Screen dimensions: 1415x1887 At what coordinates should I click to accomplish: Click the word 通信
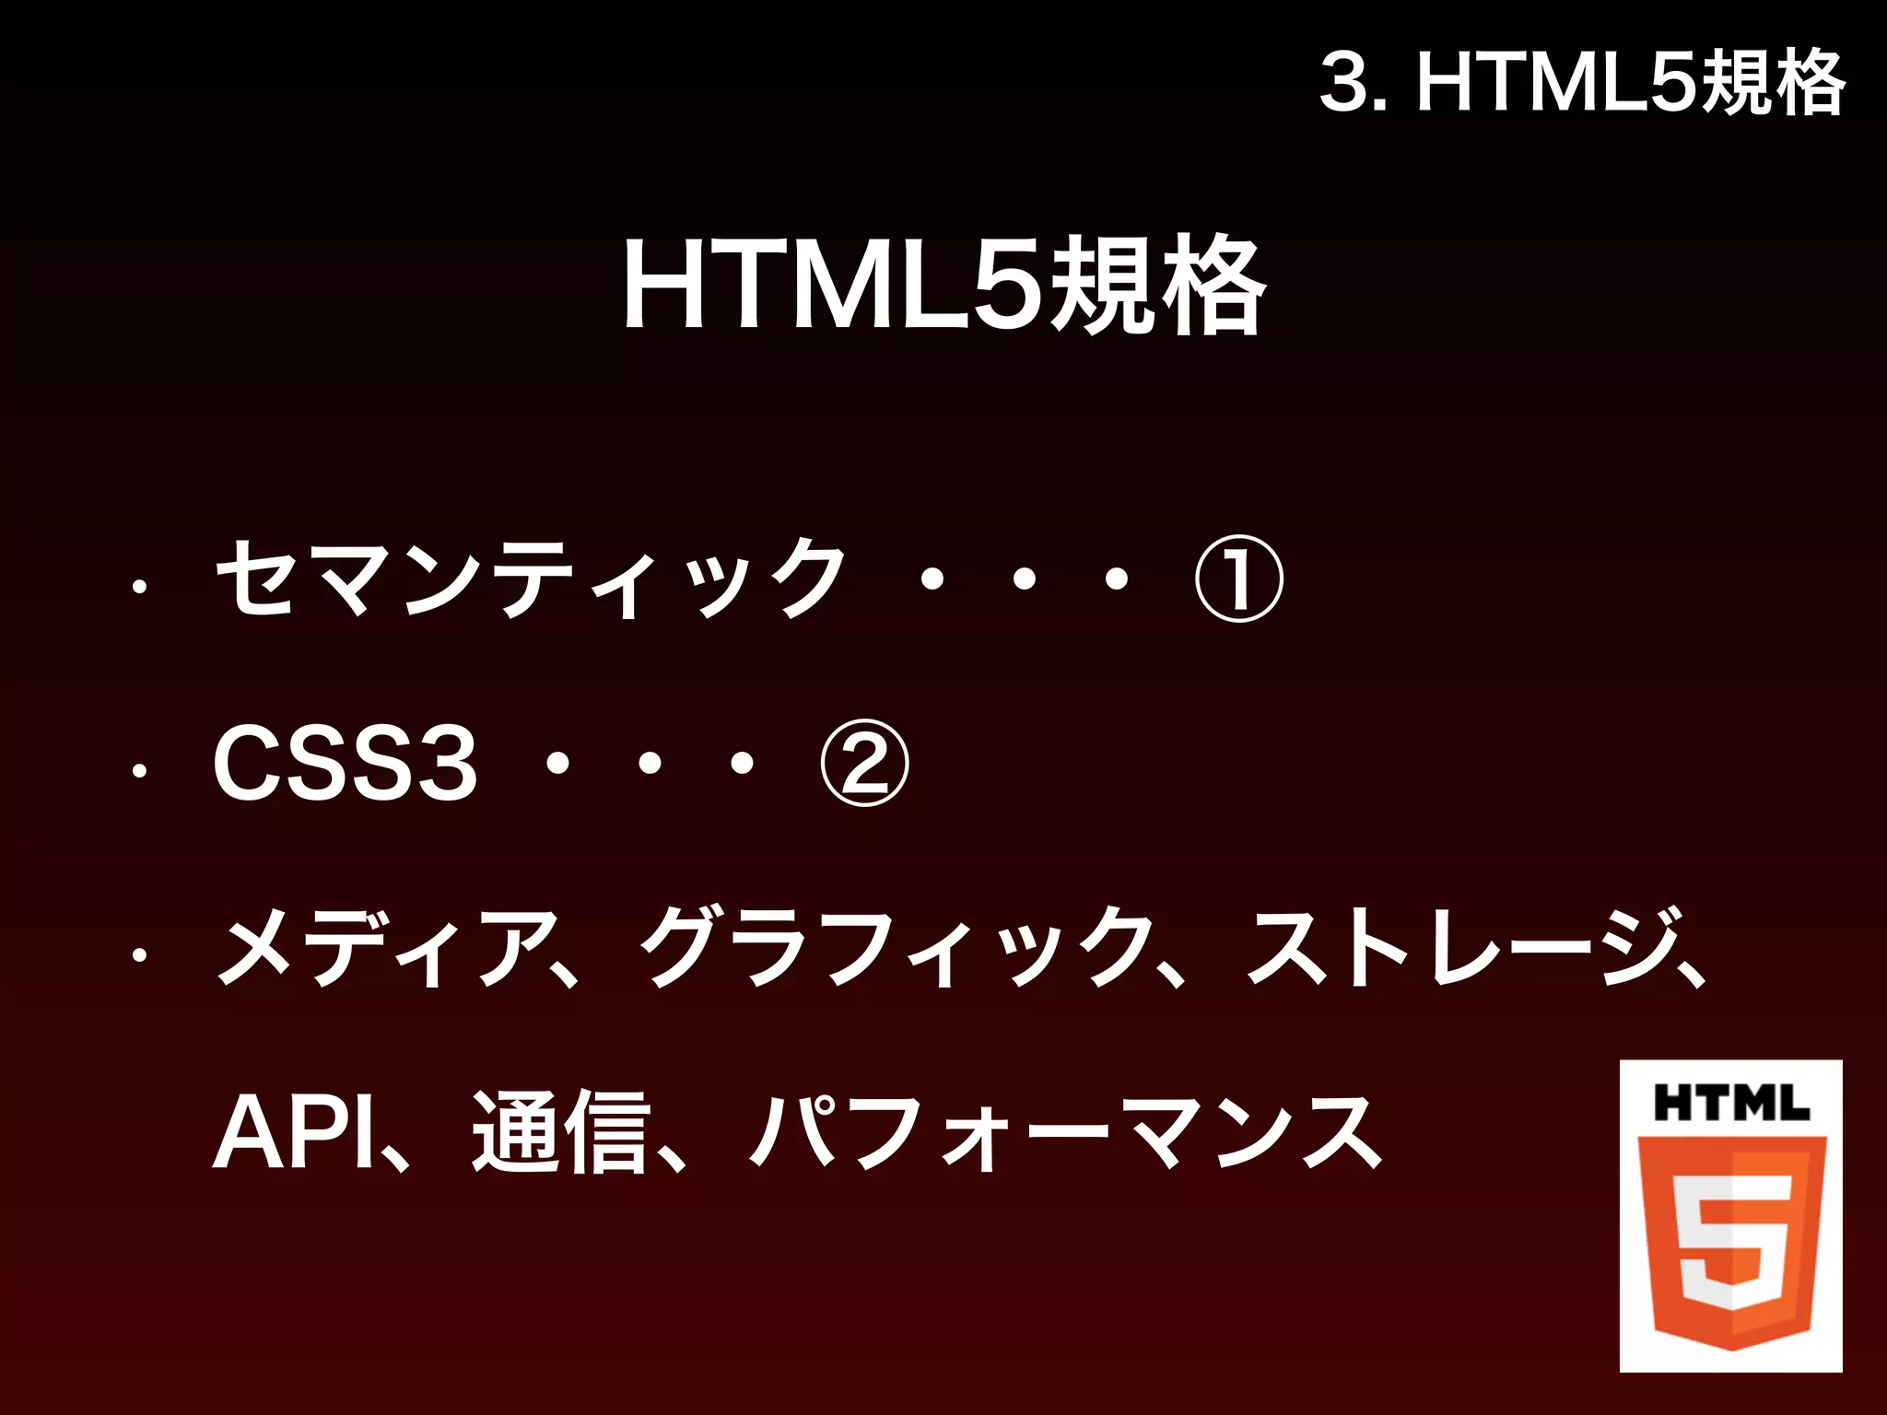click(560, 1133)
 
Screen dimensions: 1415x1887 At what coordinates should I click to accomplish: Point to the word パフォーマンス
click(1066, 1133)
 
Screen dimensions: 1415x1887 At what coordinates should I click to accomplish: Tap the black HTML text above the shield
click(1731, 1103)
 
